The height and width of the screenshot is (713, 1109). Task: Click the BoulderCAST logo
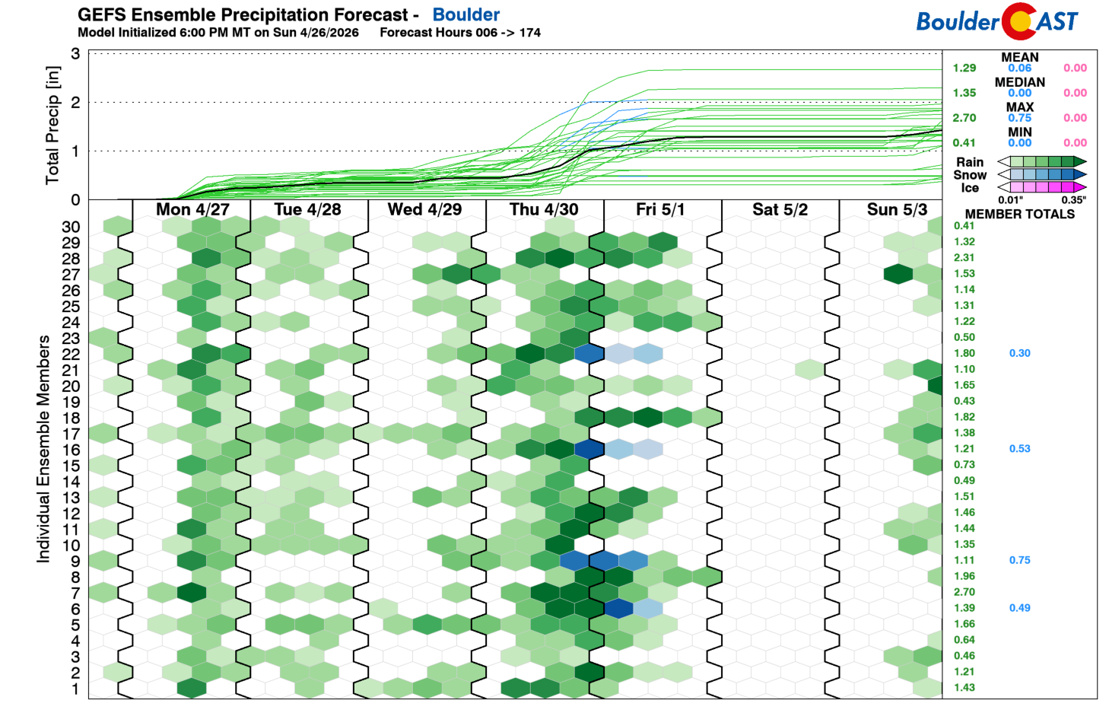(x=996, y=21)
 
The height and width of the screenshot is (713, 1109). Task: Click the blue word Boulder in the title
(x=466, y=14)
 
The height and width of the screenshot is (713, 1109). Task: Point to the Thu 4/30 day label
(x=544, y=209)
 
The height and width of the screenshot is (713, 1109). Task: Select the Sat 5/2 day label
(x=780, y=209)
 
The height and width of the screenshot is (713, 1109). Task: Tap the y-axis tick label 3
(x=75, y=54)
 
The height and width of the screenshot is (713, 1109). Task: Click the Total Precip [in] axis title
(x=52, y=126)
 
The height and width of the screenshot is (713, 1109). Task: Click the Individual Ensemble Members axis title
(x=43, y=449)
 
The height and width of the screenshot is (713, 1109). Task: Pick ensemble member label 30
(x=71, y=227)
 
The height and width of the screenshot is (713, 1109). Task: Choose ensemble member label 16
(x=71, y=450)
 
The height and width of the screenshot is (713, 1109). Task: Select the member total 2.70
(x=964, y=592)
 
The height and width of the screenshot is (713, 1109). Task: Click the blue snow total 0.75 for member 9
(x=1019, y=560)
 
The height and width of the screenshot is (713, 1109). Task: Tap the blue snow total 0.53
(x=1019, y=449)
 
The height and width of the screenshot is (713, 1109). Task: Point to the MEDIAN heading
(x=1019, y=82)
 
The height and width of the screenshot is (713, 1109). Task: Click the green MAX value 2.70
(x=964, y=118)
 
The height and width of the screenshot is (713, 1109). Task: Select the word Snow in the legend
(x=970, y=175)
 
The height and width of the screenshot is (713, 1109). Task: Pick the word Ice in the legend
(x=970, y=188)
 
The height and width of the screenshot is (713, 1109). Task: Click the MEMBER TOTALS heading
(x=1019, y=215)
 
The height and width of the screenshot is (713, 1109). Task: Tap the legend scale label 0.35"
(x=1073, y=200)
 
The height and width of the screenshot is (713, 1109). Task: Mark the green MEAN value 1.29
(x=964, y=68)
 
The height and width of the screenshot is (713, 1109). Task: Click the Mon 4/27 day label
(x=192, y=209)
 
